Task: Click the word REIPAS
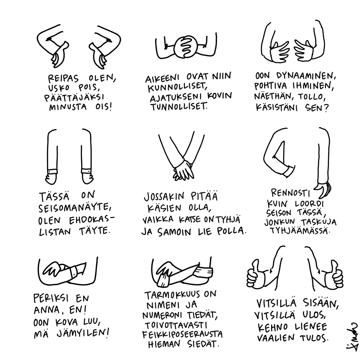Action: click(x=63, y=78)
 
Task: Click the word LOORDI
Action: click(x=309, y=204)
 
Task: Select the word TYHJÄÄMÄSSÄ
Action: click(x=300, y=230)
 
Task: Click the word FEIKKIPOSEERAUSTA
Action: click(x=182, y=334)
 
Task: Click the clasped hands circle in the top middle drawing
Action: click(x=186, y=46)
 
